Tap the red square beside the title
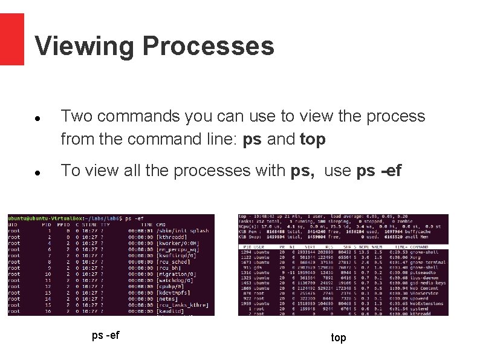[11, 39]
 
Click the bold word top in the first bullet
[313, 140]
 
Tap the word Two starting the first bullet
[76, 116]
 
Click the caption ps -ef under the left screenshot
[105, 335]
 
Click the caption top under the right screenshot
[339, 338]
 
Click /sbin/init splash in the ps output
[182, 231]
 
